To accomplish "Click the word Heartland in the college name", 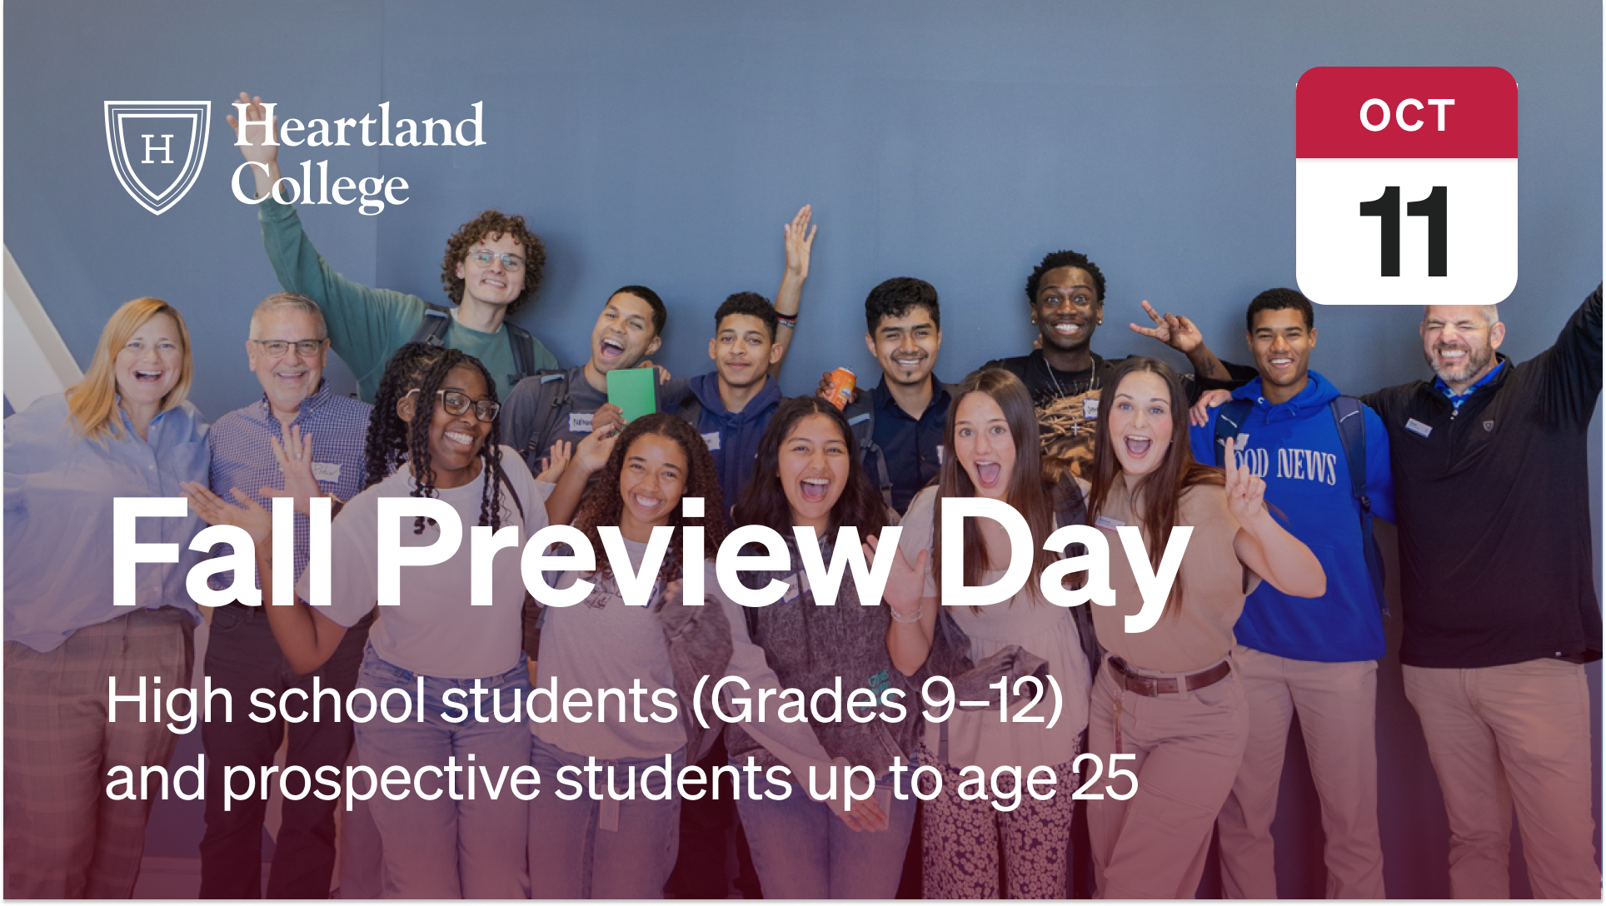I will click(x=358, y=126).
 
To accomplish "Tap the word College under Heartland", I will click(x=320, y=185).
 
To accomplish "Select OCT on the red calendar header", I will click(x=1406, y=115).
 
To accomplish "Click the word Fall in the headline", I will click(x=222, y=554).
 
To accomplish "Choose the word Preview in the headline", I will click(x=637, y=554).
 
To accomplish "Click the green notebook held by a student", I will click(x=631, y=393).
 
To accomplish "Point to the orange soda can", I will click(x=842, y=386).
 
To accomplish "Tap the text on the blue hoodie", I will click(x=1286, y=465).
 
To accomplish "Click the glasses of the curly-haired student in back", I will click(x=495, y=259).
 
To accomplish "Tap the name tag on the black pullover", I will click(x=1418, y=427).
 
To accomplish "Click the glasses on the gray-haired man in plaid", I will click(x=288, y=346).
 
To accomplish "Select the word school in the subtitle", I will click(x=337, y=701).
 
